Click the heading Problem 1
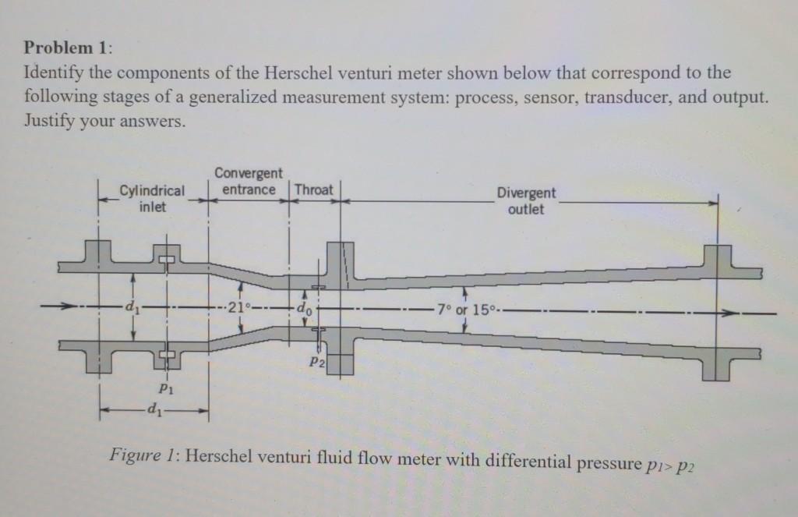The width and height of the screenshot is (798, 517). pos(68,46)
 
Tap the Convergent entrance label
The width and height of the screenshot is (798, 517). pos(249,181)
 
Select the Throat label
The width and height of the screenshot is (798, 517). pos(314,189)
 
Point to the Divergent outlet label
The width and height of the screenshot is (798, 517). pos(527,200)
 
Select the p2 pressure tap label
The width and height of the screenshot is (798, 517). pos(316,363)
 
